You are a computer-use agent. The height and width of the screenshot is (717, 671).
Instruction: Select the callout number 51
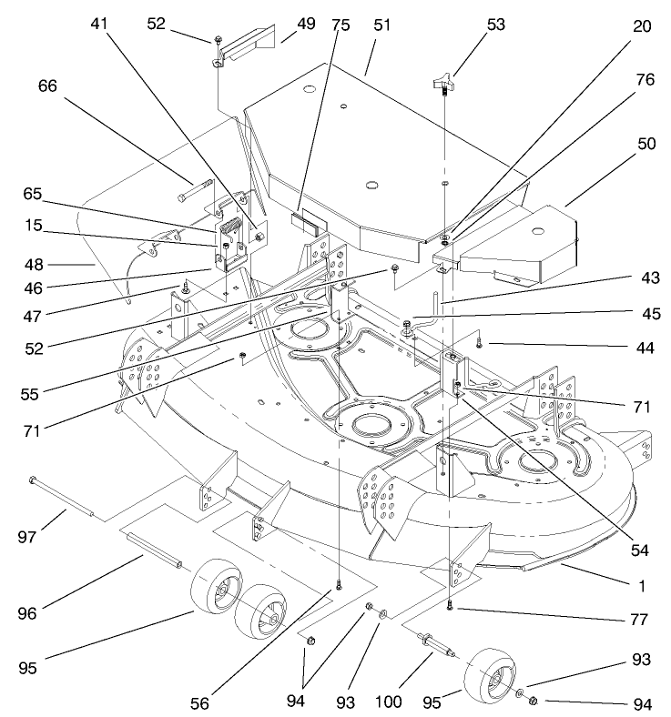[380, 25]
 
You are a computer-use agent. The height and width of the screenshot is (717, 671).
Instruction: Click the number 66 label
[47, 86]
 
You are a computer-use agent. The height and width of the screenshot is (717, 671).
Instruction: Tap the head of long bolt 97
[34, 480]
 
